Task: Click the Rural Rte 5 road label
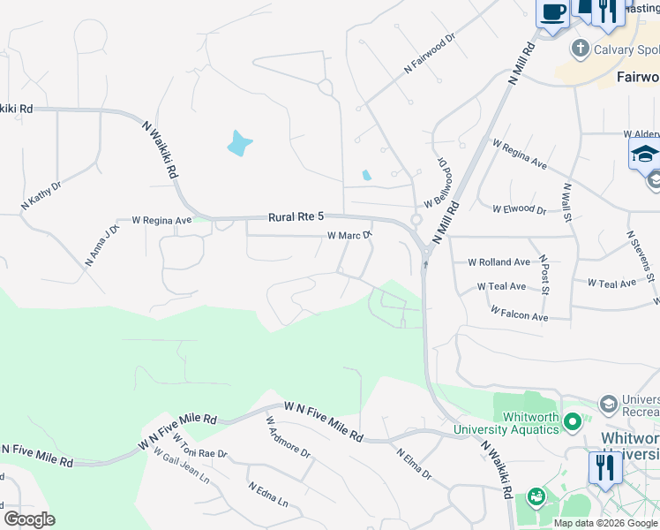(296, 216)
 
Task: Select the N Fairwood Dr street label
(429, 53)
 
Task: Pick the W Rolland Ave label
(499, 262)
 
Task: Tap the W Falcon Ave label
(520, 314)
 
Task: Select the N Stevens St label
(641, 257)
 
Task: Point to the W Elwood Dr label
(519, 209)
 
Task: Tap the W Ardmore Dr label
(288, 436)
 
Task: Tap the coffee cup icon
(552, 13)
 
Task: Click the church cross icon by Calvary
(581, 49)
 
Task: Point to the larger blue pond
(238, 143)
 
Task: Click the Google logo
(29, 519)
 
